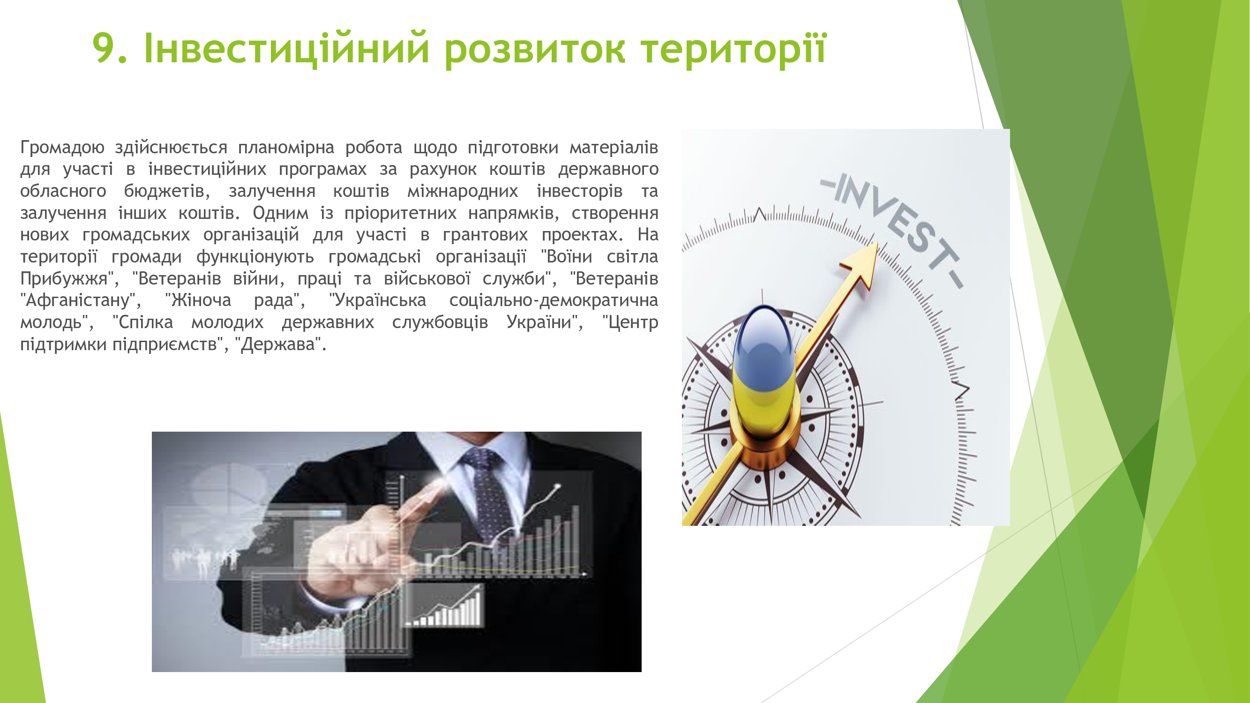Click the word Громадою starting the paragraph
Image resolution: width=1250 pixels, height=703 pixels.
62,148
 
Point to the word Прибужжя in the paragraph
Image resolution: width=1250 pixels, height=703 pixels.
64,279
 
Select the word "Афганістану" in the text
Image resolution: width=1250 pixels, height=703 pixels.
78,300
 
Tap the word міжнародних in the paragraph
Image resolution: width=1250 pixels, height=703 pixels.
463,191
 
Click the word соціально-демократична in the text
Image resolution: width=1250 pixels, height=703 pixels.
554,300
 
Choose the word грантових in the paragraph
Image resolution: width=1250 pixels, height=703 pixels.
485,235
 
